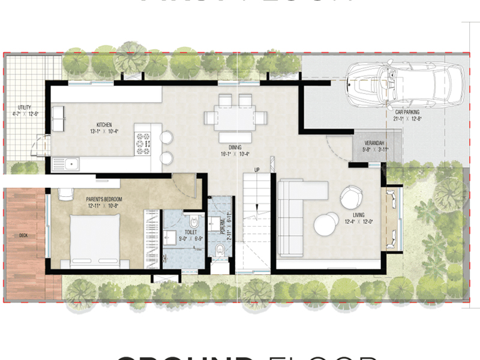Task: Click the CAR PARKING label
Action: click(x=407, y=112)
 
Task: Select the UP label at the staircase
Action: click(x=257, y=170)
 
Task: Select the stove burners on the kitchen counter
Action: click(x=143, y=143)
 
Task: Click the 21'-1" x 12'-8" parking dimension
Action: click(x=407, y=119)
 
